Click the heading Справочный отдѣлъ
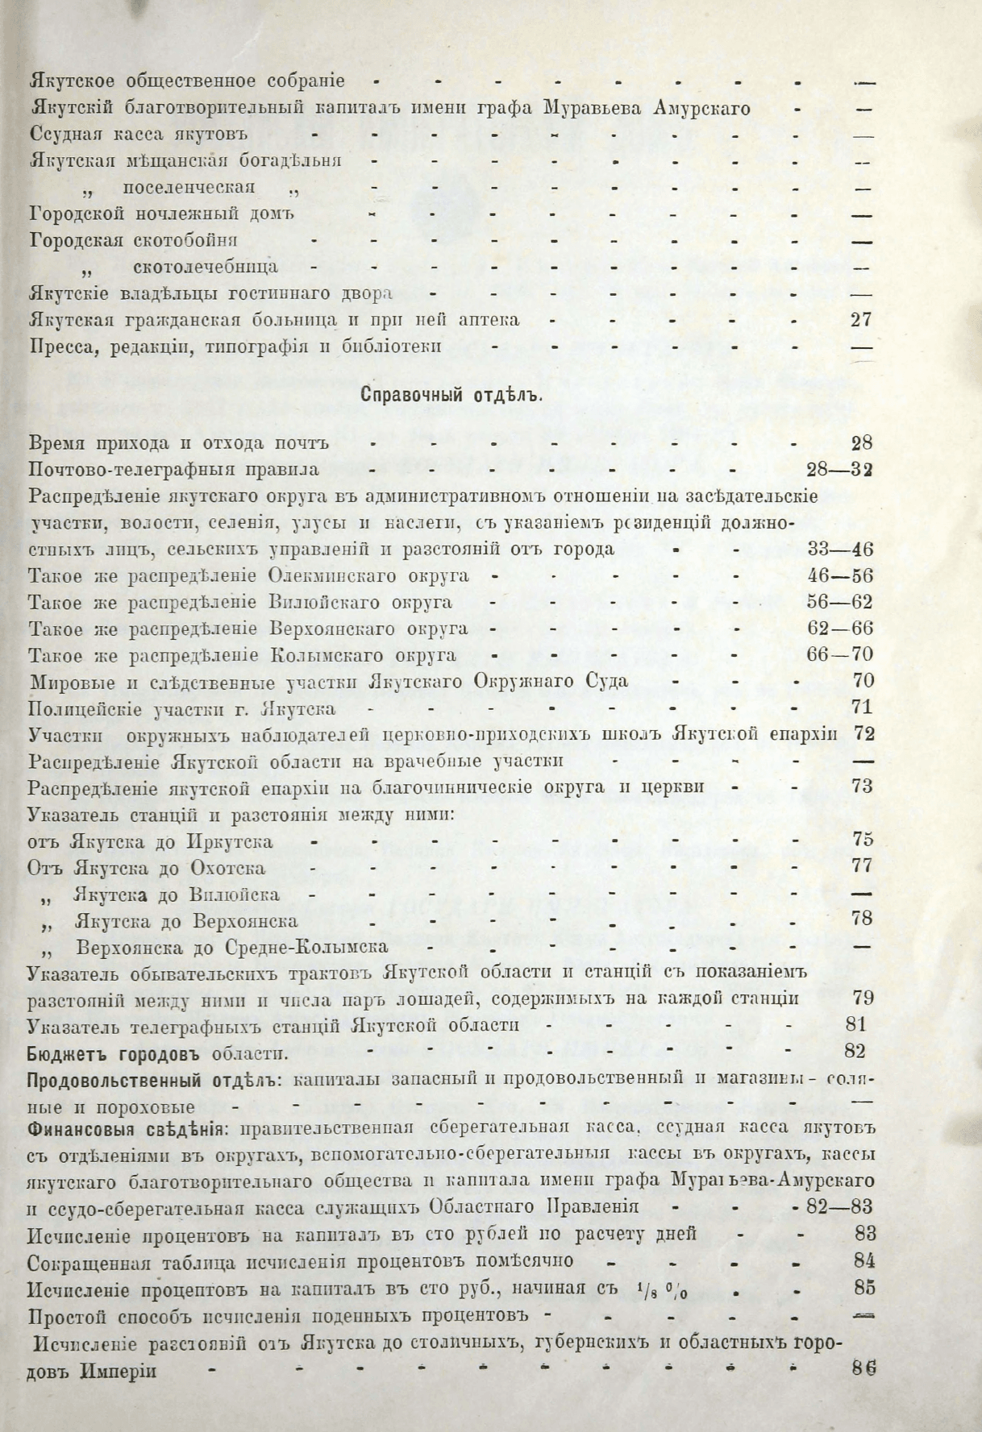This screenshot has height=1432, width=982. point(451,395)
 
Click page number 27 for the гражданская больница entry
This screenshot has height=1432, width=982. point(861,320)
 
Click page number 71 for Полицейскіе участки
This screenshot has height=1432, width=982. point(862,708)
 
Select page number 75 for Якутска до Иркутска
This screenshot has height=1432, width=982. point(862,840)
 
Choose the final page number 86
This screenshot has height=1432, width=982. point(863,1368)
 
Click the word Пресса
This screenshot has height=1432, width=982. point(58,347)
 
